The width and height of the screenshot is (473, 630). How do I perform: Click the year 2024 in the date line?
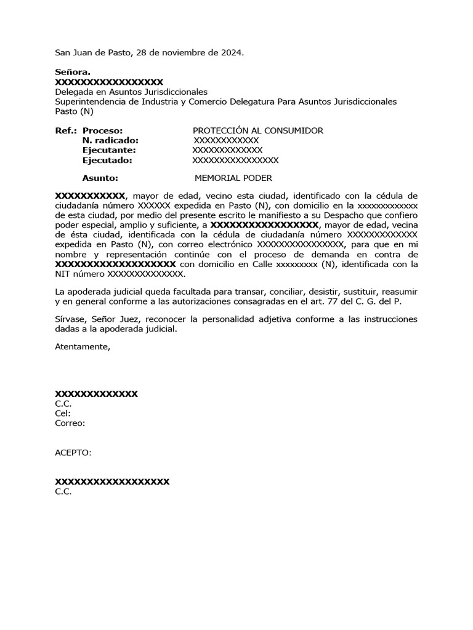point(232,53)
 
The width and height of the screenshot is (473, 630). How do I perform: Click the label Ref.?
point(66,130)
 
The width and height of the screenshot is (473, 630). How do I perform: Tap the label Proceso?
point(103,130)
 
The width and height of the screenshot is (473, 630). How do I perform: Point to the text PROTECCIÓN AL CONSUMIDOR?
point(258,130)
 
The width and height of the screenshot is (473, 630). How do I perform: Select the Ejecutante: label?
point(110,150)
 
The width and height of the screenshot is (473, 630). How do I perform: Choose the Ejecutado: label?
point(107,160)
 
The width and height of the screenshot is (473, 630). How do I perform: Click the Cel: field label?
point(63,413)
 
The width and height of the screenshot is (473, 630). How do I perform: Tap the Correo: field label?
point(70,423)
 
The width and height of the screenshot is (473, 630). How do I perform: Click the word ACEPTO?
point(73,453)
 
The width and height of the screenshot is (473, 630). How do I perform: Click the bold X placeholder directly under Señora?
point(109,82)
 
